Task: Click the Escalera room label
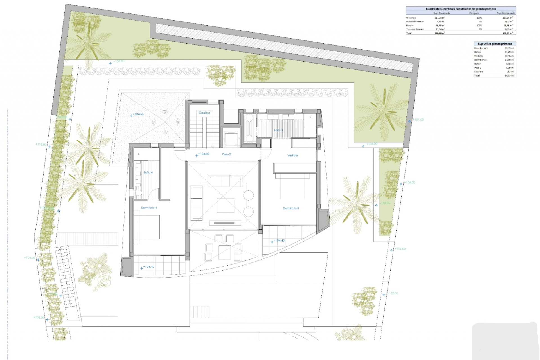coord(204,113)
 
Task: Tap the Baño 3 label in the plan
coord(278,130)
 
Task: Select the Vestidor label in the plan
coord(292,155)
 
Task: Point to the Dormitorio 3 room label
coord(291,208)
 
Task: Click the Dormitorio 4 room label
coord(149,208)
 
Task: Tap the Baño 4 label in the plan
coord(148,172)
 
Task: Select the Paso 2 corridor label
coord(226,154)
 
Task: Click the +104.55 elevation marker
coord(138,114)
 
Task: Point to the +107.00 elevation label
coord(418,120)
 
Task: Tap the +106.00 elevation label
coord(410,183)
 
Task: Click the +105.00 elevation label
coord(41,144)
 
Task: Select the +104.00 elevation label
coord(30,258)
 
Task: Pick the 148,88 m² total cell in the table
coord(440,33)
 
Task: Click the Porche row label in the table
coord(410,26)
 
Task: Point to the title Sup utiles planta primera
coord(495,44)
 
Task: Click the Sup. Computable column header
coord(506,13)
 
